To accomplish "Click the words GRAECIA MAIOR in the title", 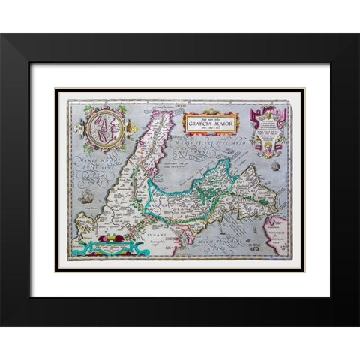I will tap(208, 123).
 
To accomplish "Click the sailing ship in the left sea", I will tap(87, 196).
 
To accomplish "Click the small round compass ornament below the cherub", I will tap(275, 166).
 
